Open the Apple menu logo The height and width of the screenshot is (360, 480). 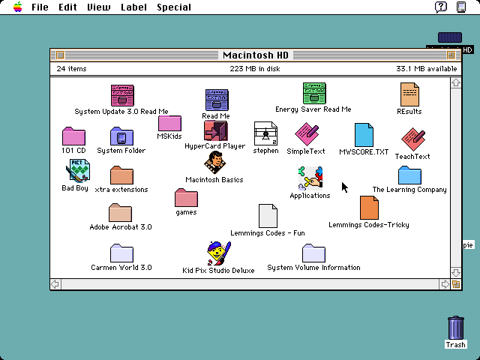pyautogui.click(x=16, y=7)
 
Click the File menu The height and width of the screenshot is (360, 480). pyautogui.click(x=40, y=7)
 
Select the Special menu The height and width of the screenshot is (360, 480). pyautogui.click(x=173, y=7)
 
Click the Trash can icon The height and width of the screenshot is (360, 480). pyautogui.click(x=455, y=328)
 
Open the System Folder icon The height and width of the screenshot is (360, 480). pyautogui.click(x=121, y=136)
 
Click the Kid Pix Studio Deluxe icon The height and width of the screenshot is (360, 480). pyautogui.click(x=217, y=253)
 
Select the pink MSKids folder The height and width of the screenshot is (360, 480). pyautogui.click(x=169, y=123)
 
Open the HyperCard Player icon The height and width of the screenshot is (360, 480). pyautogui.click(x=215, y=130)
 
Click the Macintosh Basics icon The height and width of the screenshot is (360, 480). pyautogui.click(x=215, y=163)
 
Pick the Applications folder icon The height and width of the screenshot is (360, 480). pyautogui.click(x=310, y=178)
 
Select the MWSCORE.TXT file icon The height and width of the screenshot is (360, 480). pyautogui.click(x=364, y=135)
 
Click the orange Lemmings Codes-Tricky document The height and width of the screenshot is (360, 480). pyautogui.click(x=368, y=208)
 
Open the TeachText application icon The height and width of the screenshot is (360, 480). pyautogui.click(x=412, y=139)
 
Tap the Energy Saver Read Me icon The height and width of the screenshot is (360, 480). pyautogui.click(x=313, y=94)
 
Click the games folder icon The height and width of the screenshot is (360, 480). pyautogui.click(x=186, y=198)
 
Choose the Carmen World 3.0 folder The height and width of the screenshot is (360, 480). pyautogui.click(x=121, y=253)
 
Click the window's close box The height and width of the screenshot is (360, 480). pyautogui.click(x=60, y=55)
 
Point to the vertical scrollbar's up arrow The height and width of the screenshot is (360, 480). pyautogui.click(x=455, y=82)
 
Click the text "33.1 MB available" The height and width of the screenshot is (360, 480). pyautogui.click(x=426, y=69)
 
